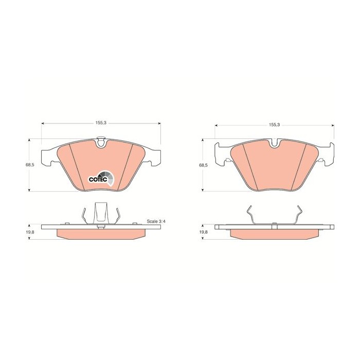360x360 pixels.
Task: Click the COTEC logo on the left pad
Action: click(101, 178)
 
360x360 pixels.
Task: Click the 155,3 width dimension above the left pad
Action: click(101, 123)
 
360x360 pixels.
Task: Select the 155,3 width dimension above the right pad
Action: click(274, 125)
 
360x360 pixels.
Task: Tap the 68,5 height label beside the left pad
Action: click(30, 165)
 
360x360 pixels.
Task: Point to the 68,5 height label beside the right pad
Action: click(203, 165)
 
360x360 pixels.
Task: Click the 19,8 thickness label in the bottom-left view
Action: click(30, 232)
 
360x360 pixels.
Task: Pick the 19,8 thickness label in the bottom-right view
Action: click(203, 232)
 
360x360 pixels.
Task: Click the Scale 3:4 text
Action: click(156, 222)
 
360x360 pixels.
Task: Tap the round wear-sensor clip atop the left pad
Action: click(101, 141)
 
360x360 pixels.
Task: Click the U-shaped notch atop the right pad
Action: click(275, 143)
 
